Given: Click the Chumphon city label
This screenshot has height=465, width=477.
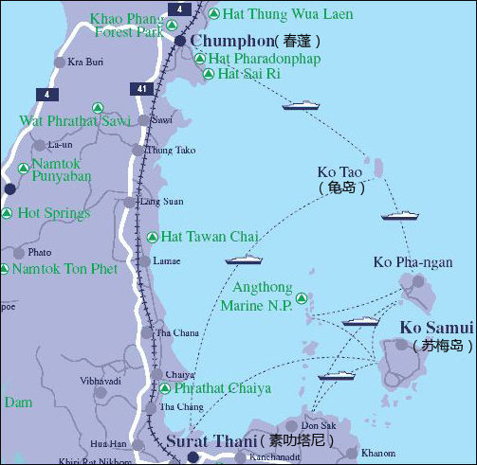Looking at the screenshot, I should point(230,42).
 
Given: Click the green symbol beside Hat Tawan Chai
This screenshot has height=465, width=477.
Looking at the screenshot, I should point(153,237).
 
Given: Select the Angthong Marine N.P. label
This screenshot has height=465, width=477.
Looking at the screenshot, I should point(256,296).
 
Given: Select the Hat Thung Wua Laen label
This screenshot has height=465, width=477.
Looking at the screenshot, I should point(286,14).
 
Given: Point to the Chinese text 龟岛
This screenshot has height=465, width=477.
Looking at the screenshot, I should point(341,188).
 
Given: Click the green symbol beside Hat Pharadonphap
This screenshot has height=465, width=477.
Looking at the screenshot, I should point(200,59).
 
